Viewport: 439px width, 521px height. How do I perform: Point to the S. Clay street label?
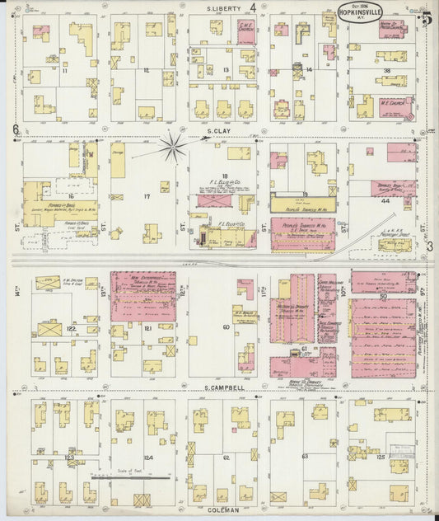217,131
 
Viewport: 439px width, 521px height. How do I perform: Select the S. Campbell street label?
224,387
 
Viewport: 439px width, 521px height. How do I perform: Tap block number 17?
147,196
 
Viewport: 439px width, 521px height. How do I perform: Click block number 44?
385,199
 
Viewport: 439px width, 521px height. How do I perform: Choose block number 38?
386,72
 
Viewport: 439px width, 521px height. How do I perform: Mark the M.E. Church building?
393,106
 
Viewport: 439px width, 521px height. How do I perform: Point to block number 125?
381,453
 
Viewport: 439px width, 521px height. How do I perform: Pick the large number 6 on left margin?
16,129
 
